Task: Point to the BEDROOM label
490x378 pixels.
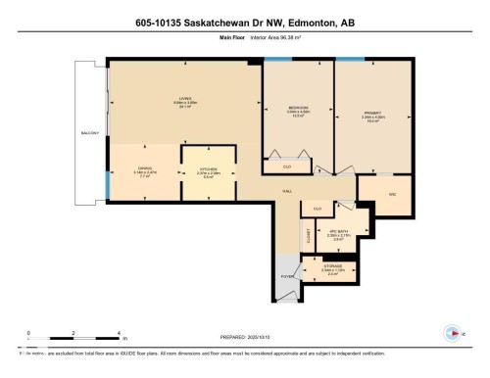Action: point(298,107)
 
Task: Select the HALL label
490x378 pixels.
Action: point(288,191)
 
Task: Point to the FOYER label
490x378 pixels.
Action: point(288,277)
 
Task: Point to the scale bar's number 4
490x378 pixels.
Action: point(118,333)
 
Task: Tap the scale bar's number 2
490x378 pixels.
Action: point(73,333)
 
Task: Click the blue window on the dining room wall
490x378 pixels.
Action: point(108,183)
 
